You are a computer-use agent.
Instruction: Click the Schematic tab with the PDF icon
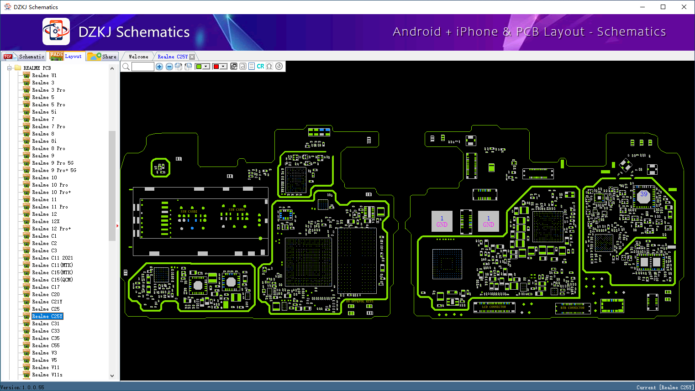pyautogui.click(x=24, y=57)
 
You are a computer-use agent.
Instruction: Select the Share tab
pyautogui.click(x=103, y=57)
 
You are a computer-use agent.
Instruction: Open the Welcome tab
pyautogui.click(x=138, y=57)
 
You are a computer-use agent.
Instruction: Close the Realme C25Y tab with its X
pyautogui.click(x=192, y=57)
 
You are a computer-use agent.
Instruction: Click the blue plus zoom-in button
pyautogui.click(x=159, y=67)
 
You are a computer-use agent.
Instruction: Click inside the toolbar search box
pyautogui.click(x=142, y=67)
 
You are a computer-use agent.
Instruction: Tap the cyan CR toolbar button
pyautogui.click(x=260, y=67)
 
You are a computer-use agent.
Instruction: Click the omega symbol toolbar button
pyautogui.click(x=269, y=67)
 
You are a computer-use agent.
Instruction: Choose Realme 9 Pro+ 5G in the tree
pyautogui.click(x=54, y=170)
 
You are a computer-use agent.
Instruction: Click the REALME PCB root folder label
pyautogui.click(x=37, y=68)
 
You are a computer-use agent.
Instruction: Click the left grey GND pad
pyautogui.click(x=442, y=221)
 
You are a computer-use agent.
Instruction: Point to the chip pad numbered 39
pyautogui.click(x=644, y=194)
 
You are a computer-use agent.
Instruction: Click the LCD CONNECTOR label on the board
pyautogui.click(x=494, y=307)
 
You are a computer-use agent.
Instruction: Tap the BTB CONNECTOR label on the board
pyautogui.click(x=573, y=308)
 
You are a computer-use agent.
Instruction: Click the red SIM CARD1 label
pyautogui.click(x=237, y=210)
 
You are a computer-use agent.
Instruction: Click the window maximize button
pyautogui.click(x=663, y=7)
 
